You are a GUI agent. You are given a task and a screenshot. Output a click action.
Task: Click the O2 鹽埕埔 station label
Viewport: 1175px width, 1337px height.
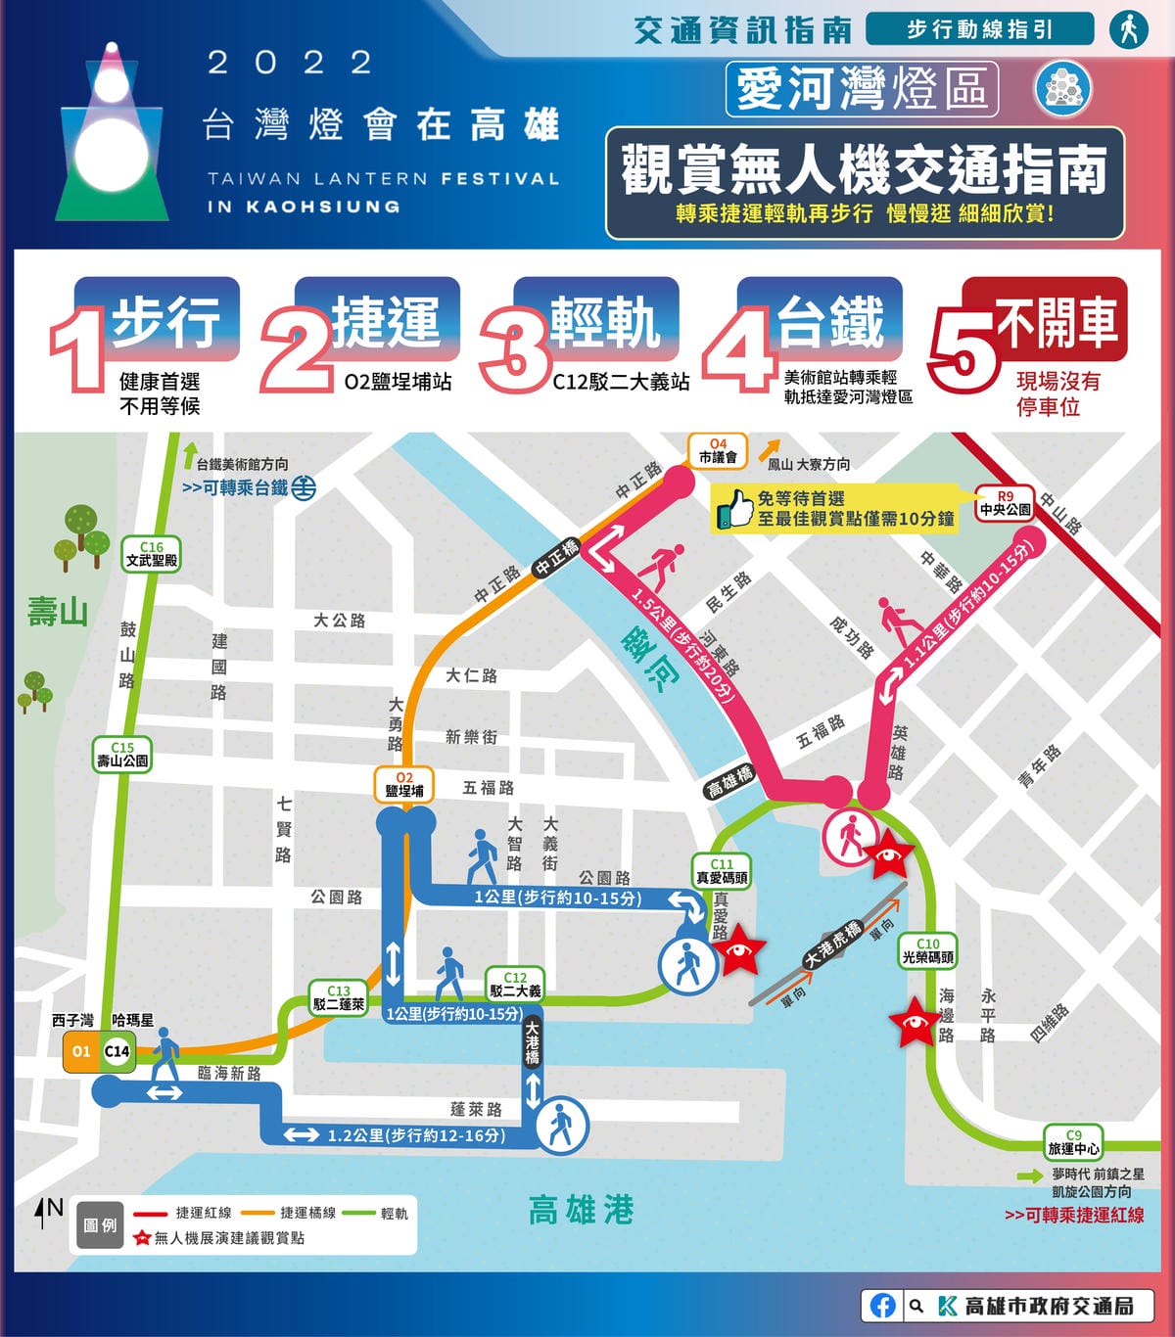(x=404, y=785)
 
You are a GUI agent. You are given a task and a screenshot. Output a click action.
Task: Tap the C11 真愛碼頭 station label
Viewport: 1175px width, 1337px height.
(x=721, y=871)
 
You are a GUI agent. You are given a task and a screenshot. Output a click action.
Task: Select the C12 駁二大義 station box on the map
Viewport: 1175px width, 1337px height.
(x=515, y=984)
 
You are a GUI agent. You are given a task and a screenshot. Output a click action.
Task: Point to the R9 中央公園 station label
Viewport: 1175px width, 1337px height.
(x=1006, y=503)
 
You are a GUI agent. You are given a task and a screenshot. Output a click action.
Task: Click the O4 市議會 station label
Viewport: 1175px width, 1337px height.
(x=718, y=451)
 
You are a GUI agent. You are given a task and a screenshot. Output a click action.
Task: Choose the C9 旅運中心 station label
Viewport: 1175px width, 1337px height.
(x=1073, y=1142)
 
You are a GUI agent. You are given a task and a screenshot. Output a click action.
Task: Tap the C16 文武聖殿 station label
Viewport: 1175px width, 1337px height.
(x=152, y=554)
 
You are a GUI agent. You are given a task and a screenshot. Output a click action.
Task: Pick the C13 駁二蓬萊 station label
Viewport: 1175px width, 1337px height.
(x=339, y=997)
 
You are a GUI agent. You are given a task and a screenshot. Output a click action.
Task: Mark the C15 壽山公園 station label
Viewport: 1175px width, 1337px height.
(x=122, y=755)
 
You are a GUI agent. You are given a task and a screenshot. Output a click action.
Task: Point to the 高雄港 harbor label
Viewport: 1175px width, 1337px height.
(x=581, y=1211)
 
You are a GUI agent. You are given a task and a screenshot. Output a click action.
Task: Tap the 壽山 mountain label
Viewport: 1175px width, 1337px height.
(x=58, y=613)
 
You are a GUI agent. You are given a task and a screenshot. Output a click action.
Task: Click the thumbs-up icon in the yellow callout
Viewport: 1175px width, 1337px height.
(x=734, y=509)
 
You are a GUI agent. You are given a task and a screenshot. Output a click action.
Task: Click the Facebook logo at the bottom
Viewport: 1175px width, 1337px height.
(x=882, y=1305)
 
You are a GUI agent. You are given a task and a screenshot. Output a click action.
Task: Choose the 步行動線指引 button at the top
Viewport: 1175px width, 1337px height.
(x=979, y=29)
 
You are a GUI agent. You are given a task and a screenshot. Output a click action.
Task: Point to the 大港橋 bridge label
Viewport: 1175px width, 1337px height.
(x=532, y=1043)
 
